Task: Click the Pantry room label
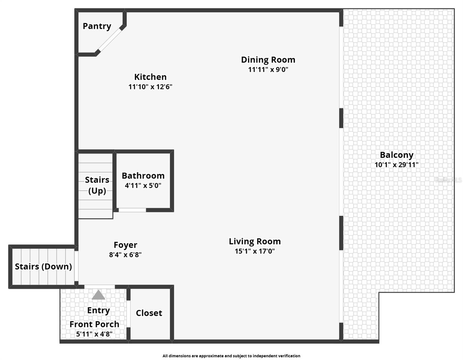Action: (x=97, y=26)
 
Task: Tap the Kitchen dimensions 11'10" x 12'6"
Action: (x=150, y=87)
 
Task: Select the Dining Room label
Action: (x=268, y=60)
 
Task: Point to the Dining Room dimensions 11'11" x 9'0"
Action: (x=268, y=70)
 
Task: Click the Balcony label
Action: (x=396, y=155)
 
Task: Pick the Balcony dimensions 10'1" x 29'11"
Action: (x=396, y=165)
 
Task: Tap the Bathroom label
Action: (x=143, y=175)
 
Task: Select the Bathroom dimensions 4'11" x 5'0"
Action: (x=143, y=186)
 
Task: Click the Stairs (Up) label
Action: (x=97, y=185)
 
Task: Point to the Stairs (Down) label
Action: (x=44, y=266)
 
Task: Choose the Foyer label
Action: (x=125, y=245)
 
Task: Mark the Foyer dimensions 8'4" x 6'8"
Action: (x=125, y=255)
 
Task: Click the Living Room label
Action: (x=255, y=241)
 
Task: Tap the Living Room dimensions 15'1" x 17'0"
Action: (x=255, y=251)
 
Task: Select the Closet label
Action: (x=149, y=313)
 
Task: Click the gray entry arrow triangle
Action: (x=98, y=295)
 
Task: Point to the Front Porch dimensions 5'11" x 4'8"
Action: (x=94, y=334)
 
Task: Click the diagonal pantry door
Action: (x=110, y=40)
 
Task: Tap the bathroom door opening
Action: (x=132, y=210)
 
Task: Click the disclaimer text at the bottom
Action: (x=231, y=356)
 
